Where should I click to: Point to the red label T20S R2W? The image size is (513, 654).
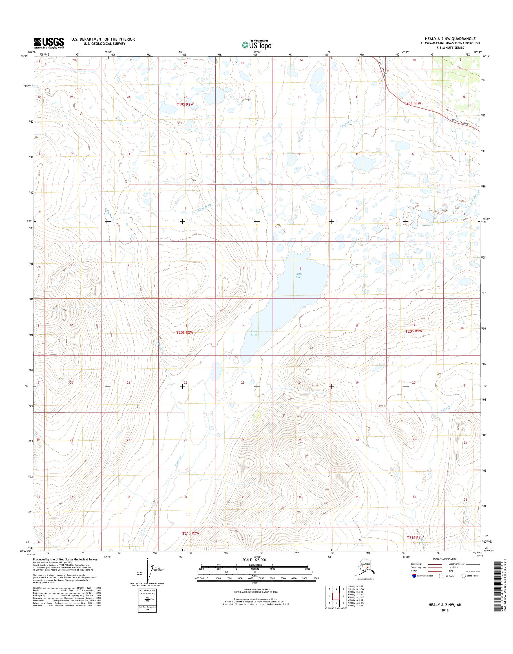tap(184, 332)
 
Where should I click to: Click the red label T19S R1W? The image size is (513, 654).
tap(413, 103)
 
